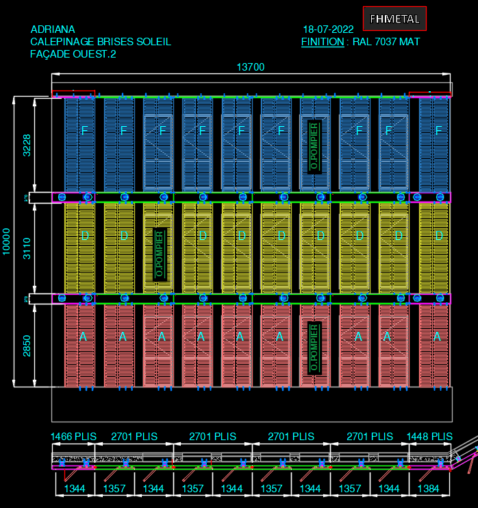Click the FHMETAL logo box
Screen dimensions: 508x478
pyautogui.click(x=394, y=19)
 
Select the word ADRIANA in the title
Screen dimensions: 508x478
pyautogui.click(x=53, y=29)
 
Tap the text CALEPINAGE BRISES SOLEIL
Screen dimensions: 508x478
pyautogui.click(x=101, y=42)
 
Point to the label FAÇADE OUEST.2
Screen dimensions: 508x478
pyautogui.click(x=73, y=54)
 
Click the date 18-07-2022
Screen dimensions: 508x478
pyautogui.click(x=328, y=29)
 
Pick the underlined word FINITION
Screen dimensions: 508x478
pyautogui.click(x=323, y=42)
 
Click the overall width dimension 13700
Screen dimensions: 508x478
pyautogui.click(x=251, y=67)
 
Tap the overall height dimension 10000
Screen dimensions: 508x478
pyautogui.click(x=7, y=242)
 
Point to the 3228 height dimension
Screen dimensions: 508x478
pyautogui.click(x=27, y=145)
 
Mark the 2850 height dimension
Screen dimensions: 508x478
pyautogui.click(x=27, y=346)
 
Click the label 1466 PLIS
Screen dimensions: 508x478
pyautogui.click(x=73, y=436)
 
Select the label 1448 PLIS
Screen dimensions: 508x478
pyautogui.click(x=429, y=436)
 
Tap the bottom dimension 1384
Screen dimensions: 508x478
pyautogui.click(x=428, y=488)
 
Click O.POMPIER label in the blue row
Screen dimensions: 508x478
pyautogui.click(x=314, y=146)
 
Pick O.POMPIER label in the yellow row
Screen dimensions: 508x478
pyautogui.click(x=159, y=253)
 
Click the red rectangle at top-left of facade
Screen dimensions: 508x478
pyautogui.click(x=74, y=94)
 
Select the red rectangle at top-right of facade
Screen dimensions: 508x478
pyautogui.click(x=430, y=94)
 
